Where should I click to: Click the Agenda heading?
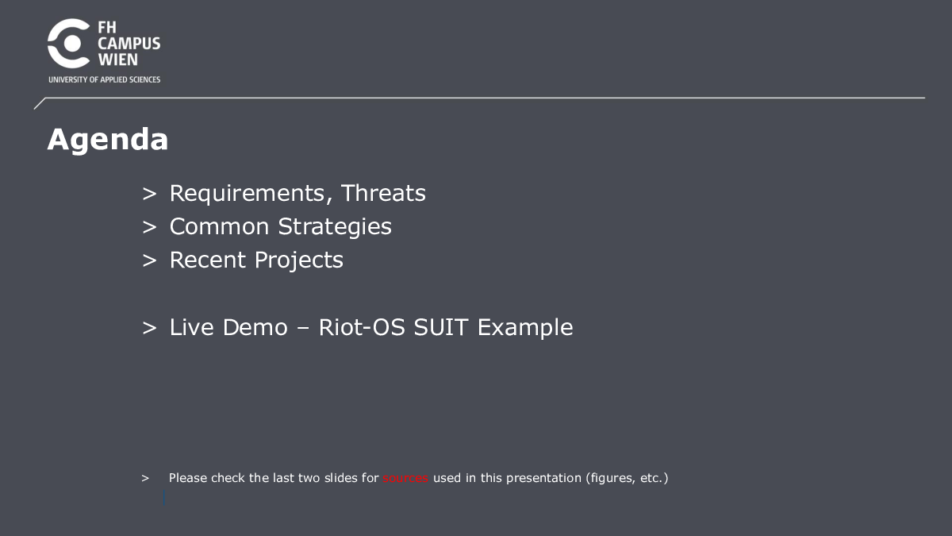[108, 140]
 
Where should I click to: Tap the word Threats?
[383, 193]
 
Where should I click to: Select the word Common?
[219, 226]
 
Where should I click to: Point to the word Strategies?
[335, 227]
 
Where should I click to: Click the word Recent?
[207, 260]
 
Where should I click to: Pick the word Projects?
[298, 260]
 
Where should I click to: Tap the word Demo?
[255, 327]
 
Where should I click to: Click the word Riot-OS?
[362, 327]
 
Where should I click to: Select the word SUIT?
[441, 327]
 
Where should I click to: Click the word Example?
[525, 328]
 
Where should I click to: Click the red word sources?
[405, 478]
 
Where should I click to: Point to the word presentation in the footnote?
[543, 479]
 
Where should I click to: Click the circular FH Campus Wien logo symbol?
[69, 44]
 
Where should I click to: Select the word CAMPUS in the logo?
[129, 44]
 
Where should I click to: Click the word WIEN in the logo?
[117, 60]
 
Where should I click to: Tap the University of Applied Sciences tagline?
[104, 79]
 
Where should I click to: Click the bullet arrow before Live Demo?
[149, 328]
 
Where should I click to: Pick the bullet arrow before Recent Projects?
[149, 260]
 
